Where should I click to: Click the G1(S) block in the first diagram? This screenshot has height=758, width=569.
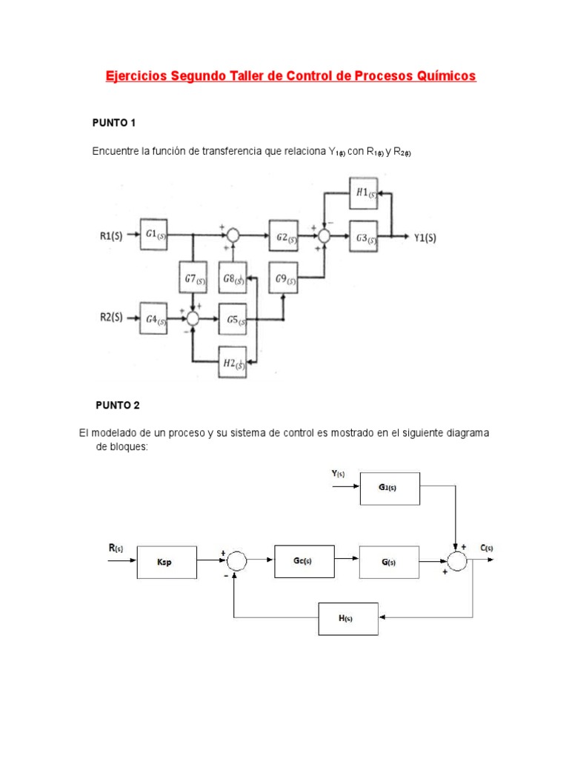[155, 235]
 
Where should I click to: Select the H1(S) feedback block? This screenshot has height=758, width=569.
[364, 192]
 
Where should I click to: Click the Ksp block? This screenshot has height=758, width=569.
[167, 562]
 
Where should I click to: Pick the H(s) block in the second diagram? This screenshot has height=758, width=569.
[347, 619]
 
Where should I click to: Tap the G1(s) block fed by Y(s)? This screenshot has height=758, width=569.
[389, 489]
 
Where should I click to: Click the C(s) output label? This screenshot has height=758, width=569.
[486, 548]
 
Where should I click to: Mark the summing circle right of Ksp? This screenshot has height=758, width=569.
[236, 562]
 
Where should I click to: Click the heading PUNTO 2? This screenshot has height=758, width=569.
[117, 405]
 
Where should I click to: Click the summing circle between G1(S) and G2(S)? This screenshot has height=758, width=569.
[233, 235]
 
